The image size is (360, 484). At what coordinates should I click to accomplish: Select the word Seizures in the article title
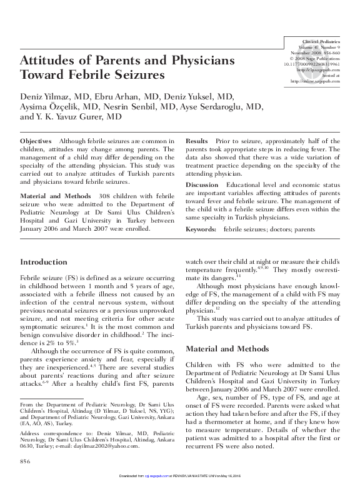138,76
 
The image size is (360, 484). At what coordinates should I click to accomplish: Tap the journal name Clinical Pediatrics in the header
321,39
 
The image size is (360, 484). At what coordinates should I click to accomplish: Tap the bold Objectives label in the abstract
36,142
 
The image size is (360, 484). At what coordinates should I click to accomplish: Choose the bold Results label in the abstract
197,142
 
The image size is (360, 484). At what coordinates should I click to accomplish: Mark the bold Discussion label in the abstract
202,186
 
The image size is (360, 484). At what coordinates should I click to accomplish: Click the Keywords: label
202,229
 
